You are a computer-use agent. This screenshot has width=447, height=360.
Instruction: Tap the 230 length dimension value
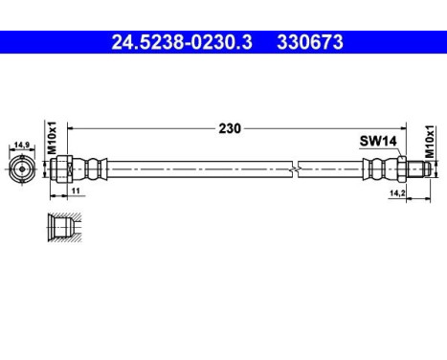(x=229, y=126)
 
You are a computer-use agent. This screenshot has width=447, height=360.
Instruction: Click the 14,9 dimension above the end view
(x=20, y=146)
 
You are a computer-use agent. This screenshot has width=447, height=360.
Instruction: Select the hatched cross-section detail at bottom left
(x=60, y=226)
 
